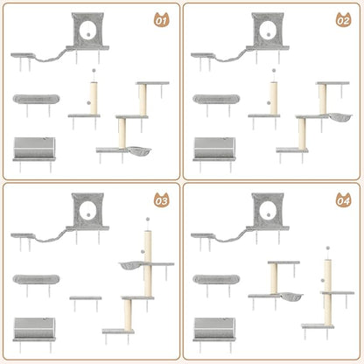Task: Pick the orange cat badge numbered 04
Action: (341, 199)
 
